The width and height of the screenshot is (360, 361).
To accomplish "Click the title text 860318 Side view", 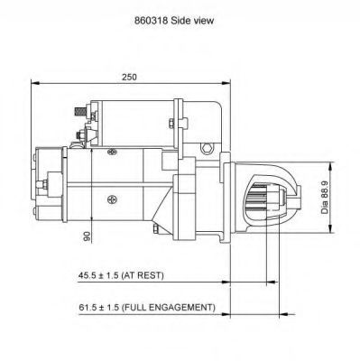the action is point(174,21).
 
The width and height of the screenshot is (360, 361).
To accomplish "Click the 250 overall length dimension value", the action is point(129,77).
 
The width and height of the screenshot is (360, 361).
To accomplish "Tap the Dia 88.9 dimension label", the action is point(325,198).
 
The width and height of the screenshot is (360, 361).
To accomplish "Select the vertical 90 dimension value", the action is point(87,236).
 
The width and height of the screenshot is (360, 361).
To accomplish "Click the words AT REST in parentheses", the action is point(143,275).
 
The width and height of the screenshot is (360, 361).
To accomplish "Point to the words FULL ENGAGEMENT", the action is point(170,308).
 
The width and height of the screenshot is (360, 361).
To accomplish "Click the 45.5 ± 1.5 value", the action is point(98,275).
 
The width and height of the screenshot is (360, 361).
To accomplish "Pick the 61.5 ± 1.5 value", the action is point(98,308).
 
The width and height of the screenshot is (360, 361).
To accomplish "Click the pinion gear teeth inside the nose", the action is point(259,198).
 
